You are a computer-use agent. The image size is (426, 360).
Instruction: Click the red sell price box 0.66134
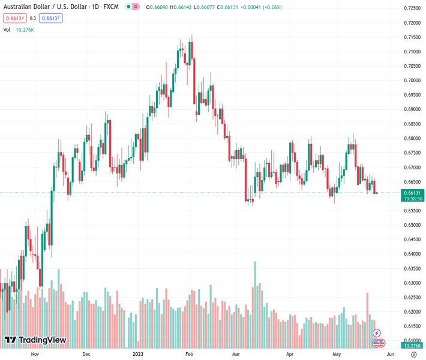tap(14, 18)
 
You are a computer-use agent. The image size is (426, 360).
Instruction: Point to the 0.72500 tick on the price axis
tap(412, 8)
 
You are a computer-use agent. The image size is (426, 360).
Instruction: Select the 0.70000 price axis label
tap(412, 80)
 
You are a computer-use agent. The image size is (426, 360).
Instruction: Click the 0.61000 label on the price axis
tap(412, 341)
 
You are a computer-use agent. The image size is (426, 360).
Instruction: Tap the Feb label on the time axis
tap(190, 355)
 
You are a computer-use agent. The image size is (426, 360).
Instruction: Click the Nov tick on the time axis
tap(35, 355)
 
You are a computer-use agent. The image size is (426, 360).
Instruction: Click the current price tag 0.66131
tap(412, 192)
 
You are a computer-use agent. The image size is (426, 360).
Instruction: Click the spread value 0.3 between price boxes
tap(33, 18)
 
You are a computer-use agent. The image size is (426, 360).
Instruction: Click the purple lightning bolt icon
tap(377, 332)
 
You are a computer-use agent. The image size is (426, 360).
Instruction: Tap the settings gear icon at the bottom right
tap(413, 355)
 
